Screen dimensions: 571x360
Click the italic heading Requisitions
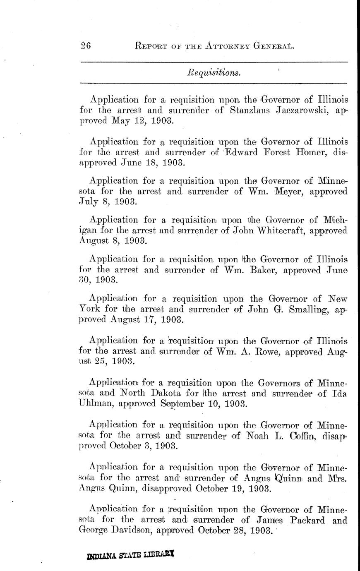[214, 73]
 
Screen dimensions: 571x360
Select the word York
[89, 309]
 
